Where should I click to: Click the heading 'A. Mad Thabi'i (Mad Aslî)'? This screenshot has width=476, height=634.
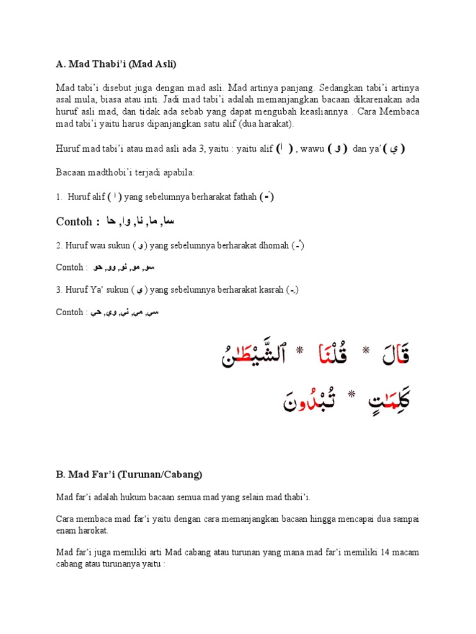tap(116, 65)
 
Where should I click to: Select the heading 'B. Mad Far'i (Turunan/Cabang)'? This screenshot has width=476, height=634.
tap(129, 475)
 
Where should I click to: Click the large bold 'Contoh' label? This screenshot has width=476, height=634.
tap(74, 222)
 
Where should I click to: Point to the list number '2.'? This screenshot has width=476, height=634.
tap(59, 246)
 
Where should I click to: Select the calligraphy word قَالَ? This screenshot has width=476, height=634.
tap(394, 355)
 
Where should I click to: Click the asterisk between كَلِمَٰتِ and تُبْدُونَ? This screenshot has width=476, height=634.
tap(351, 394)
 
